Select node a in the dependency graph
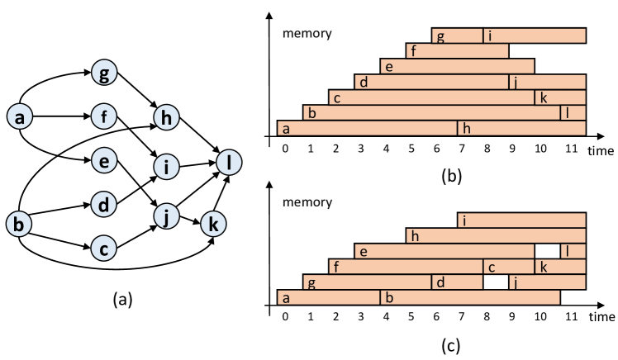[18, 118]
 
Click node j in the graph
[167, 216]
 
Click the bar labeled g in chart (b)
[457, 36]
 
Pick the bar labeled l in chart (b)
[573, 112]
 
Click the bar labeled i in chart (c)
[521, 220]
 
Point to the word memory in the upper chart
[307, 34]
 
